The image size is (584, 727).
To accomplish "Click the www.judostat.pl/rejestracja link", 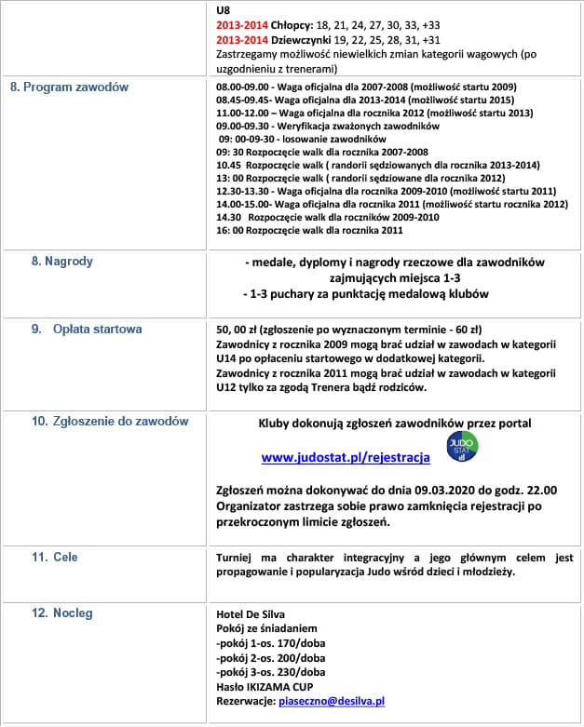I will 345,457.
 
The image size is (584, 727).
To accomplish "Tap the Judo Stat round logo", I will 456,447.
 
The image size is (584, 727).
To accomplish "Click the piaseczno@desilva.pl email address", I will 332,701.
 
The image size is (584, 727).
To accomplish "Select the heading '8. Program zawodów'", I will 70,87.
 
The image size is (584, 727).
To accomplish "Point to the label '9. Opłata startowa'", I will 86,329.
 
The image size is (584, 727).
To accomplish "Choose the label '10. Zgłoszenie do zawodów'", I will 110,421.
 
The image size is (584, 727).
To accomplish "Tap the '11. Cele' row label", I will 55,557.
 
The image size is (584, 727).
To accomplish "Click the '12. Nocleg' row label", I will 62,613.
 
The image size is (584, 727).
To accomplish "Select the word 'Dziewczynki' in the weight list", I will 285,41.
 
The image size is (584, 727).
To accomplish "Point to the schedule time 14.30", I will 227,217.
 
